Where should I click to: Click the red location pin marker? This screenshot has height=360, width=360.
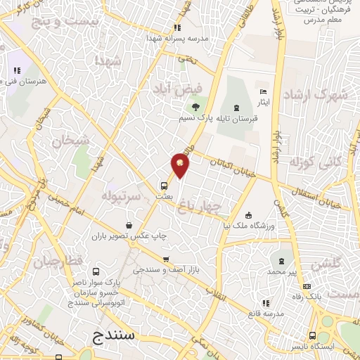tap(181, 166)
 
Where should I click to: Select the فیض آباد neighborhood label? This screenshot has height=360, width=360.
tap(179, 89)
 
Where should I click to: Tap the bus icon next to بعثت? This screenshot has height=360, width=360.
tap(164, 186)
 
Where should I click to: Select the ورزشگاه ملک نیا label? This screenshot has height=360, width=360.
tap(252, 224)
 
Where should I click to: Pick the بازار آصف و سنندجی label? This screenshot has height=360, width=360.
tap(164, 269)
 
